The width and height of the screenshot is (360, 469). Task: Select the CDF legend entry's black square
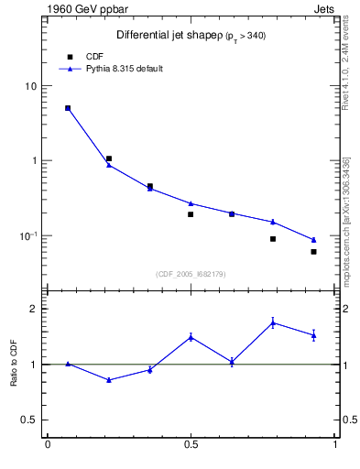pos(70,56)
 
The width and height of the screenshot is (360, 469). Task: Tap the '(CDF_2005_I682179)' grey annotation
pos(191,273)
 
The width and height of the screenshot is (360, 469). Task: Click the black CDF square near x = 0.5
pos(191,214)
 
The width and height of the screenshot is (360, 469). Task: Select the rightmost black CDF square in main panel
pos(313,252)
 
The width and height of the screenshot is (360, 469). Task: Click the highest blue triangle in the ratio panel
pos(273,322)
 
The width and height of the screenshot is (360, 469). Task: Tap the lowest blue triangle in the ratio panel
pos(109,379)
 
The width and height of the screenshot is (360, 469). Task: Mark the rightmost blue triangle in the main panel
pos(313,240)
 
